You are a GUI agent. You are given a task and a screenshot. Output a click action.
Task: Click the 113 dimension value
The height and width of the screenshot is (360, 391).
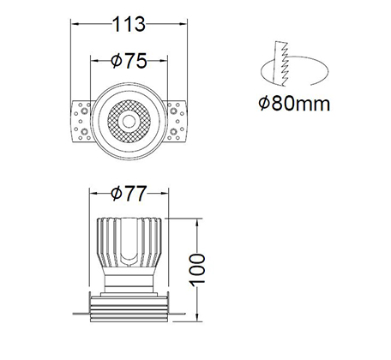(x=129, y=24)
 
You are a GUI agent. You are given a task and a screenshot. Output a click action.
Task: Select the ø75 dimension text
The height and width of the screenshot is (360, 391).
(x=129, y=61)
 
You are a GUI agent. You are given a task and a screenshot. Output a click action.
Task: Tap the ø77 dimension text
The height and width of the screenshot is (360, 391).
(x=129, y=194)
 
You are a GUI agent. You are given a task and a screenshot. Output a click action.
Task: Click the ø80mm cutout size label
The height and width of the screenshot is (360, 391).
(x=294, y=104)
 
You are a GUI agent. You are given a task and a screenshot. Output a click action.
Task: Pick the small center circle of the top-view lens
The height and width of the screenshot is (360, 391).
(x=129, y=121)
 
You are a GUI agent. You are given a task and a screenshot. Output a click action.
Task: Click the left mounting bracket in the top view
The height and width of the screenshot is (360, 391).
(x=81, y=121)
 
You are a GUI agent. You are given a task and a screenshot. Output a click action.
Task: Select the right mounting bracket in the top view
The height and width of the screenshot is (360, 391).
(x=176, y=121)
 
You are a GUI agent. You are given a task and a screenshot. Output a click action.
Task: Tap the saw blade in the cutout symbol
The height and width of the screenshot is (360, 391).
(x=280, y=63)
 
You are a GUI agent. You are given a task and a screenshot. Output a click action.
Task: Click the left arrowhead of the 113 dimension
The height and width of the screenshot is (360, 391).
(x=75, y=24)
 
